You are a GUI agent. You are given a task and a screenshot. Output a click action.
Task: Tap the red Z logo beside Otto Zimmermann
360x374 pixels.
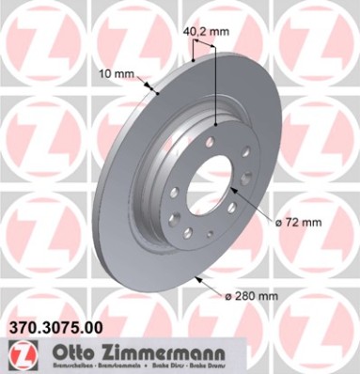pyautogui.click(x=21, y=354)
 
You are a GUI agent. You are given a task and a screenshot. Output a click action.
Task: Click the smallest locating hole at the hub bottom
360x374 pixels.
pyautogui.click(x=188, y=232)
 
